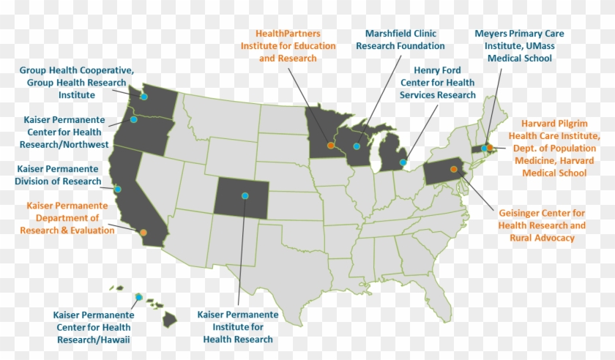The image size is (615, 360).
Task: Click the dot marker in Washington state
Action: [x=144, y=97]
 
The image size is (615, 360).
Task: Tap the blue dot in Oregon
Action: [x=133, y=119]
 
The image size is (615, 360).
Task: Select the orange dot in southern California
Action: [x=143, y=232]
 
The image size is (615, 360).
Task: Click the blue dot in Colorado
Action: [x=245, y=195]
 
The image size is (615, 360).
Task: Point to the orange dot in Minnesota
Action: [x=331, y=146]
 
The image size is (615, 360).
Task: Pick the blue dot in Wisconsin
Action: [x=357, y=146]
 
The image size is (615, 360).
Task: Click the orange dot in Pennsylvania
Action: [x=454, y=170]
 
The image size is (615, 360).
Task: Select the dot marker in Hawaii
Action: [x=138, y=296]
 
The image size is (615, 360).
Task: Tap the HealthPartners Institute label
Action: [x=288, y=45]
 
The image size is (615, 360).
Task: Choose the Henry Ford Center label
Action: [x=438, y=83]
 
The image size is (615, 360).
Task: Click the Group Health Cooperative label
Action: [x=77, y=83]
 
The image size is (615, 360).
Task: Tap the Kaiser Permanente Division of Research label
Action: [x=59, y=175]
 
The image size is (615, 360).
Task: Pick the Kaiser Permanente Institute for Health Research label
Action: [x=238, y=326]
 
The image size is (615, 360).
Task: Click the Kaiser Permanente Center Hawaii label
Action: [x=91, y=327]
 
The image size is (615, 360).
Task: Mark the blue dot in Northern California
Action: [x=118, y=189]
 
